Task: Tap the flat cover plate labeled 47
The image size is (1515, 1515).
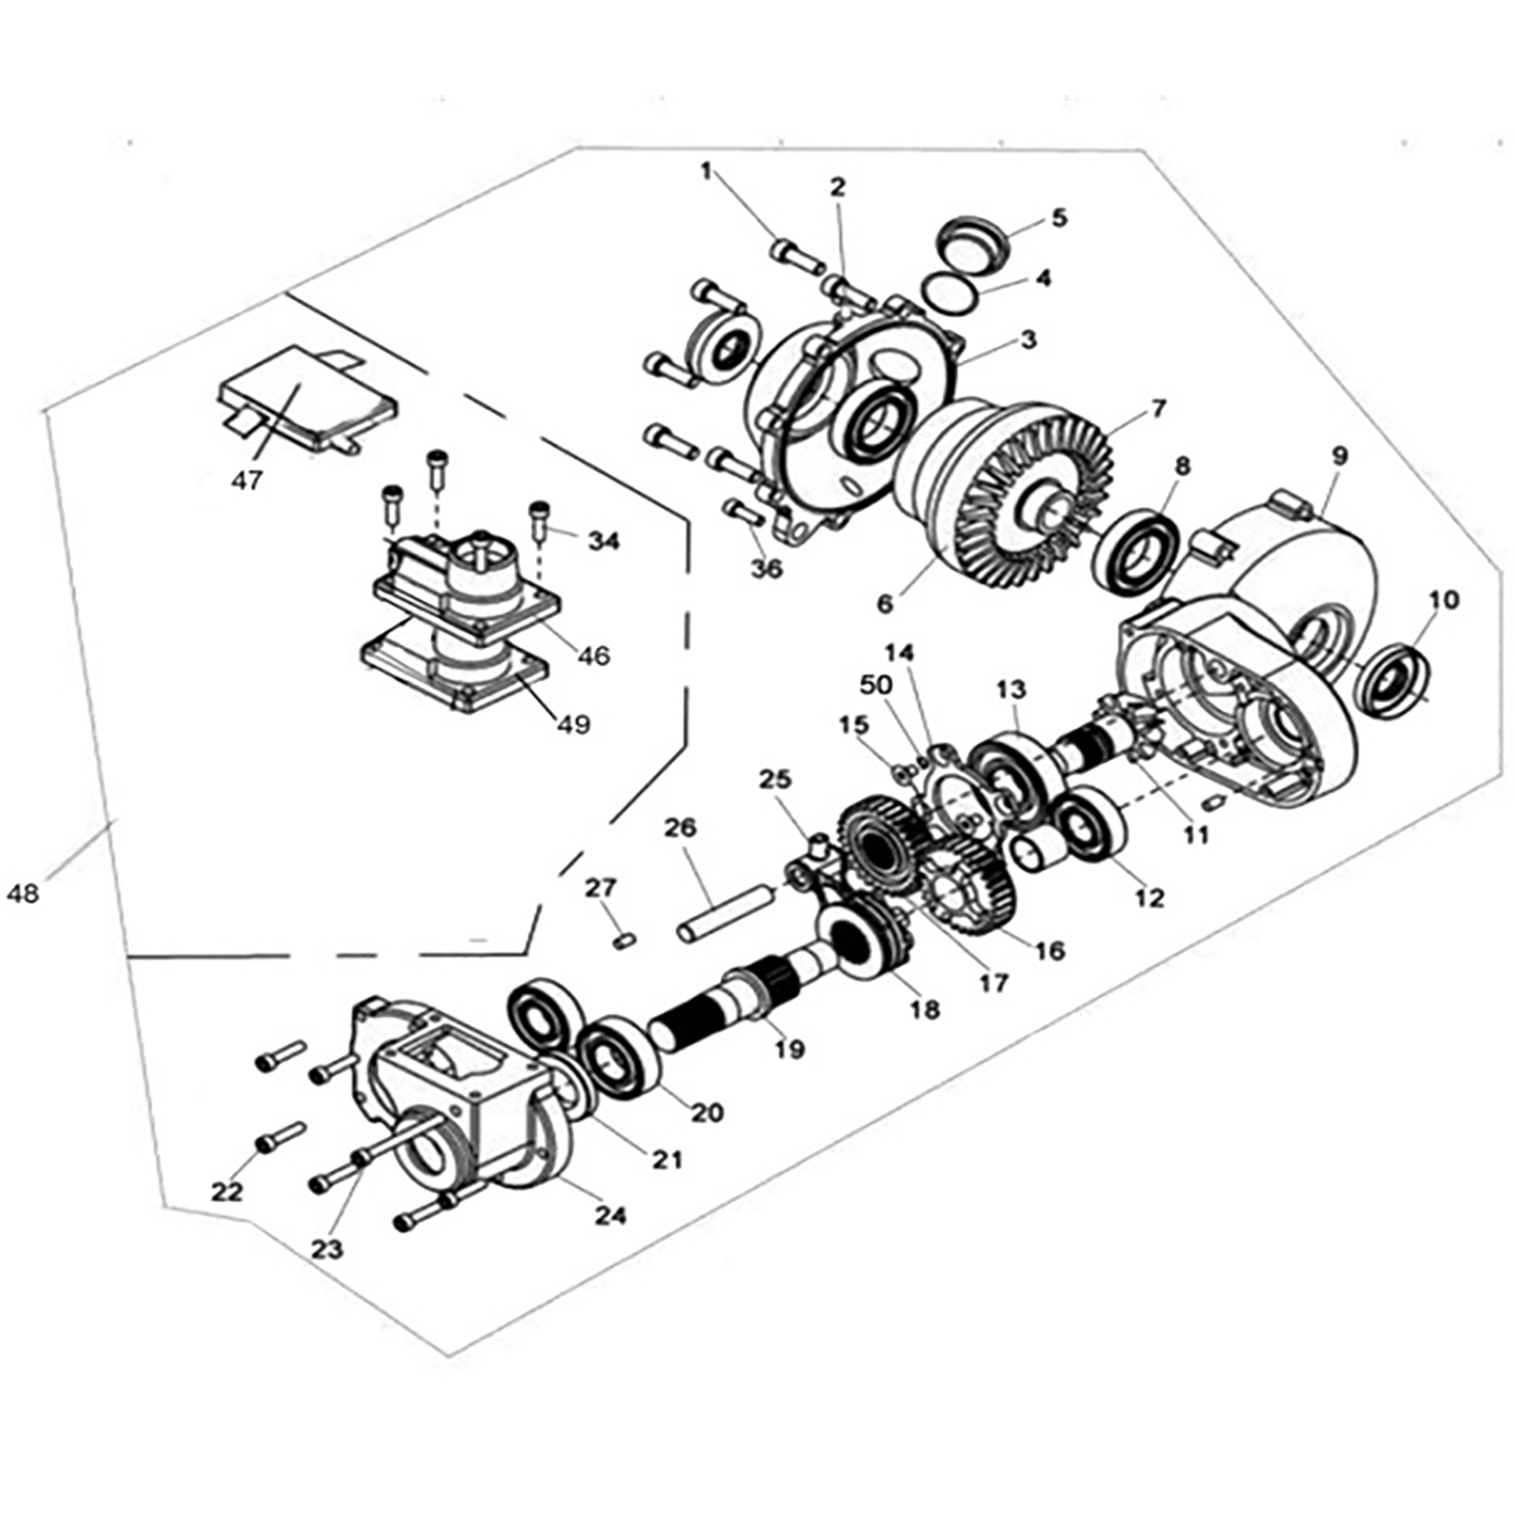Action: coord(306,398)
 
